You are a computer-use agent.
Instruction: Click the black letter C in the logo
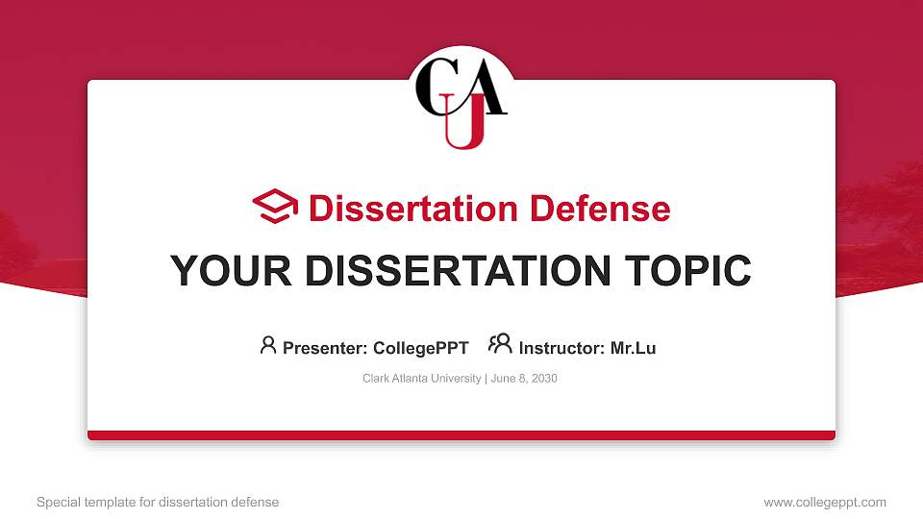coord(434,86)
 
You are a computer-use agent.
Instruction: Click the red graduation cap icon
coord(276,207)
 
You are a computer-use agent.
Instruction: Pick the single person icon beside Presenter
coord(268,345)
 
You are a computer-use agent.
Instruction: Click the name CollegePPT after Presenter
coord(420,348)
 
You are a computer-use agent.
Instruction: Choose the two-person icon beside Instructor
coord(500,345)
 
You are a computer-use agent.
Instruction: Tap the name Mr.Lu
coord(634,348)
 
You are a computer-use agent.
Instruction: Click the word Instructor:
coord(562,348)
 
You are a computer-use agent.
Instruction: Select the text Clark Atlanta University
coord(421,379)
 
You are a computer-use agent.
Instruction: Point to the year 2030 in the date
coord(543,379)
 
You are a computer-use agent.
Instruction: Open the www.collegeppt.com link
coord(825,502)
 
